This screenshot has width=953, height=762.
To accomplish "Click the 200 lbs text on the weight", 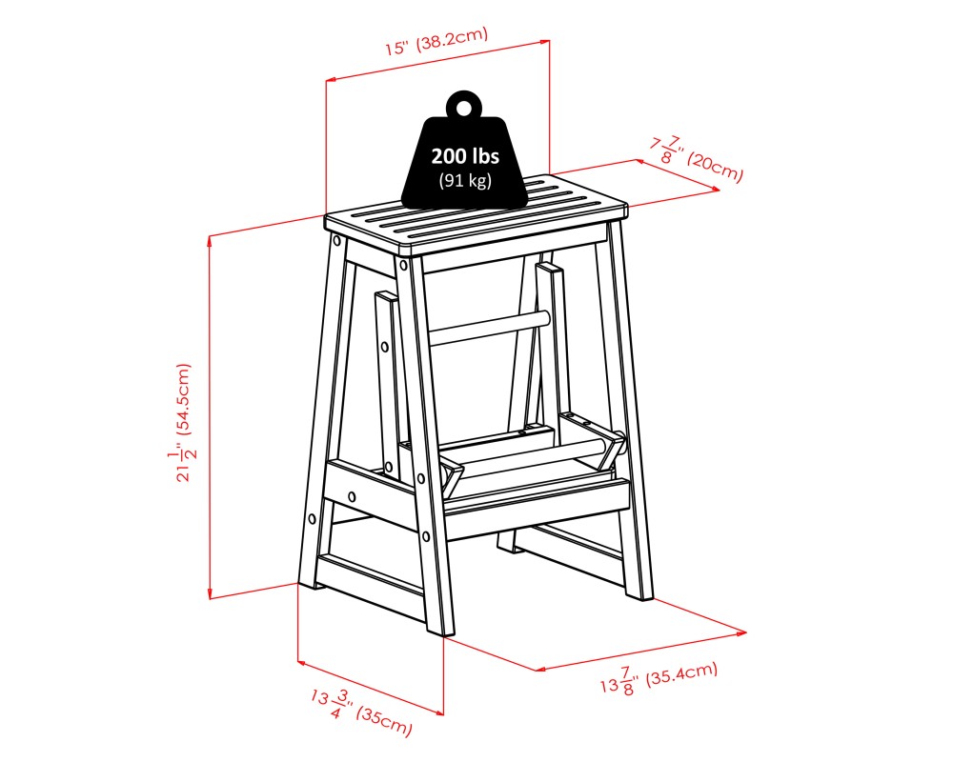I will pyautogui.click(x=465, y=157).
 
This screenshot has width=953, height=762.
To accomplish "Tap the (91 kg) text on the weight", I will pyautogui.click(x=465, y=181).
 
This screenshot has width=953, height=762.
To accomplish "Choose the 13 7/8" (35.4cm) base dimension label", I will pyautogui.click(x=658, y=679).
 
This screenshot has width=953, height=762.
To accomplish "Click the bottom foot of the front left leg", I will pyautogui.click(x=309, y=582).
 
